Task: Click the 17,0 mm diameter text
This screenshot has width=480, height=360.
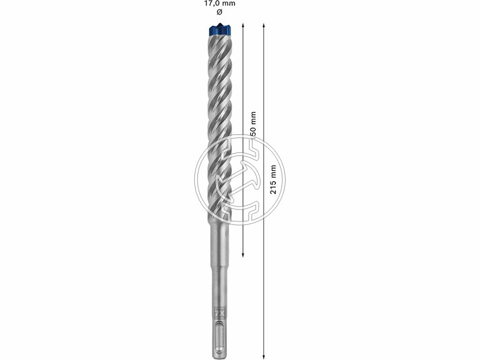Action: click(x=220, y=4)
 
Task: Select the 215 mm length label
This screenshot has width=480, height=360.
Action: click(x=274, y=179)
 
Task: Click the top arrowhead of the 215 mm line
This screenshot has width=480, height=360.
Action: click(x=264, y=25)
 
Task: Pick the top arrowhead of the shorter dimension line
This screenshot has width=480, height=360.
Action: click(x=242, y=25)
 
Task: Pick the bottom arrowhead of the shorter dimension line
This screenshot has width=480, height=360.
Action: click(x=242, y=256)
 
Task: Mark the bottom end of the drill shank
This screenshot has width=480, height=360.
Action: click(x=220, y=355)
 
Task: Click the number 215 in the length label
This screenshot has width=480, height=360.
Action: click(x=274, y=187)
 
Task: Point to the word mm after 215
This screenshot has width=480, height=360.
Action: click(x=274, y=170)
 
